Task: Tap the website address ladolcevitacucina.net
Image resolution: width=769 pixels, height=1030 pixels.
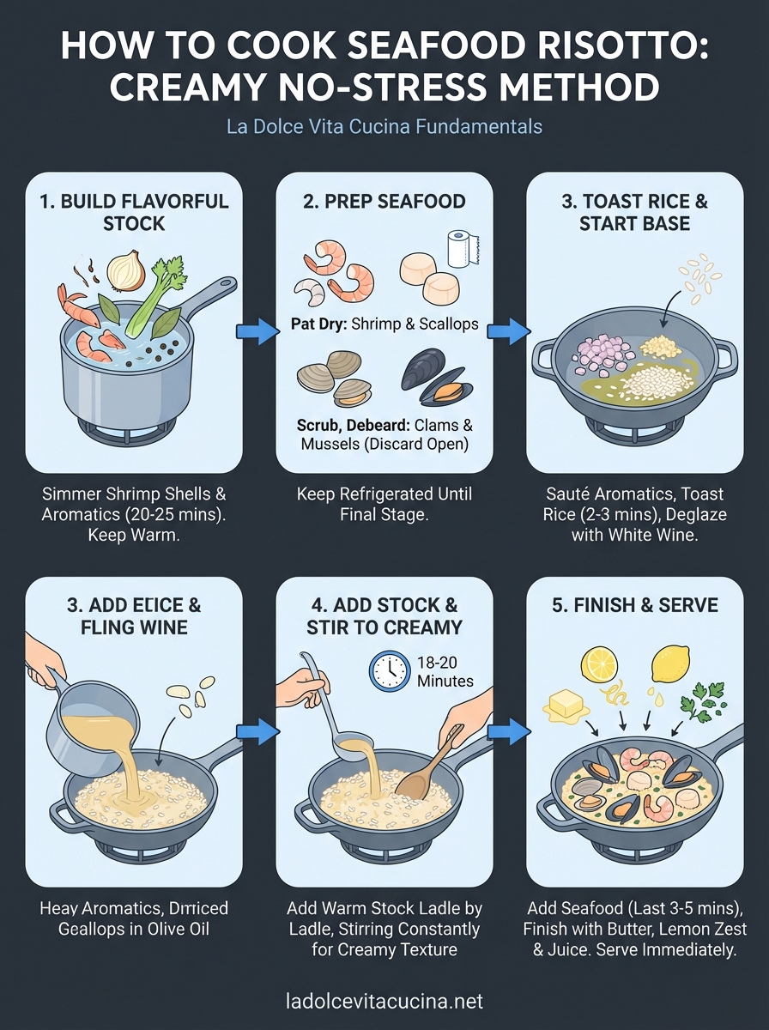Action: (384, 1001)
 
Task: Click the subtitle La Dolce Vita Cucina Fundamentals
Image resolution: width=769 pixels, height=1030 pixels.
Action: (384, 126)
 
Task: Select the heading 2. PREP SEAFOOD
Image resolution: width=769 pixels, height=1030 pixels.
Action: (384, 202)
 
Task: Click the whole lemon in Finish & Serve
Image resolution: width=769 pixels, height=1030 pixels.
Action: (671, 663)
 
